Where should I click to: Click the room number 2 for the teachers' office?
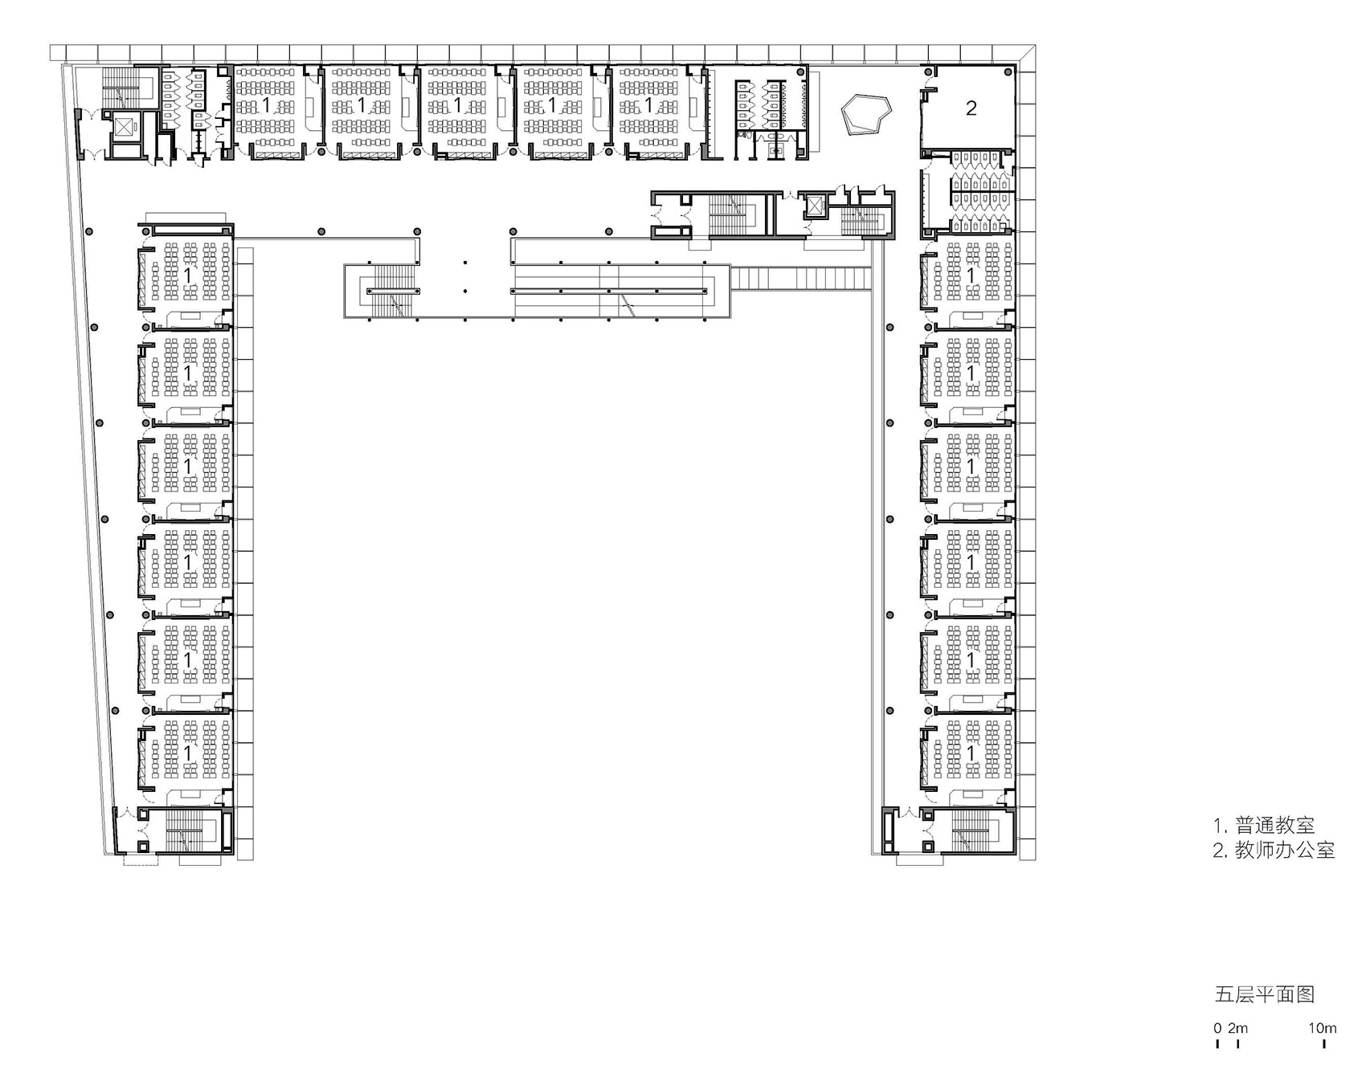click(x=971, y=108)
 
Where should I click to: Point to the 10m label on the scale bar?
click(x=1322, y=1028)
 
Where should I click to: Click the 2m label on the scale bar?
click(x=1237, y=1028)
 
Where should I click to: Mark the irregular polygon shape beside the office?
click(x=866, y=116)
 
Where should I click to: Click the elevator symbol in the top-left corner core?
click(x=125, y=127)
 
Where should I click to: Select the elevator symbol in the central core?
click(x=815, y=206)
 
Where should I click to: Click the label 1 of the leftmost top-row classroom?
click(x=267, y=105)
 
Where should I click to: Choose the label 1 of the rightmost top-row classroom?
click(x=648, y=105)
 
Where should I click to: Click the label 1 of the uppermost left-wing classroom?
click(x=189, y=275)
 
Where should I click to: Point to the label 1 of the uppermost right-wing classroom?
click(x=971, y=275)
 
